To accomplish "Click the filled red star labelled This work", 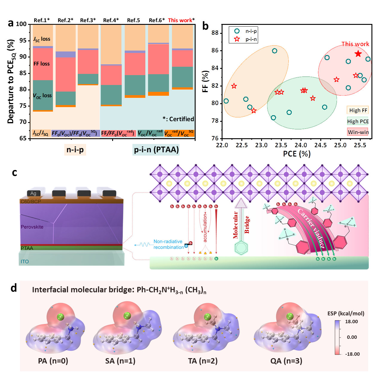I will tap(358, 54).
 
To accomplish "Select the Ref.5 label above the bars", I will tap(133, 20).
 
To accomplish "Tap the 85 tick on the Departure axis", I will tap(23, 73).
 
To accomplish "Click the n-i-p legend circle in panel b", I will tap(237, 31).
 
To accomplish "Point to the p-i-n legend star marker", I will tap(237, 39).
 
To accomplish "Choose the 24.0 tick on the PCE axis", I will tap(301, 145).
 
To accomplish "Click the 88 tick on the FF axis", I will tap(215, 33).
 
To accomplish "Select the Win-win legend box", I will tap(358, 132).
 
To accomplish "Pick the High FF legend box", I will tap(358, 110).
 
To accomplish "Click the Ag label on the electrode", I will tap(33, 194).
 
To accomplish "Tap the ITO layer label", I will tap(25, 262).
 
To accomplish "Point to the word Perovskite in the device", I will tap(32, 227).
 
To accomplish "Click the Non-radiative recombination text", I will tap(168, 244).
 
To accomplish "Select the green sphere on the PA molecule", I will tap(60, 317).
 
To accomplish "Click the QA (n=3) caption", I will tap(286, 361).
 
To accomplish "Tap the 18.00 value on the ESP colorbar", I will tap(351, 322).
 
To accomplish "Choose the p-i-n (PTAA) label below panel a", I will tap(156, 150).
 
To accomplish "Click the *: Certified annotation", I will tap(178, 119).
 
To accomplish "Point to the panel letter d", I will tap(13, 288).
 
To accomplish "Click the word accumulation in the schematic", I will tap(205, 227).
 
